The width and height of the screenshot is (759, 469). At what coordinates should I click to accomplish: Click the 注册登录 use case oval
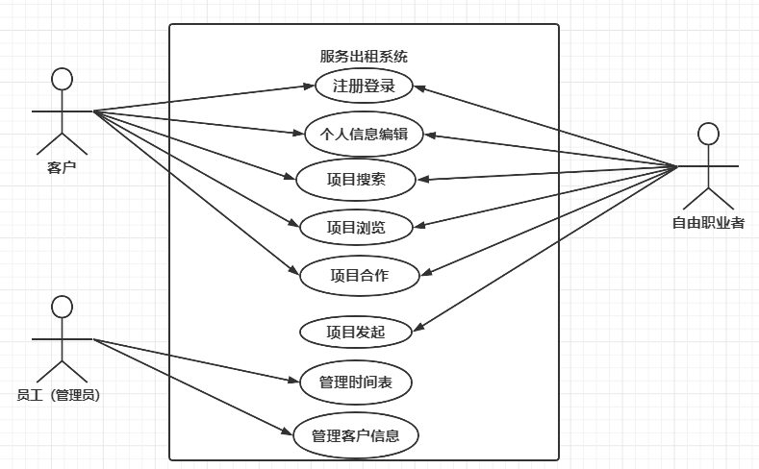coord(364,86)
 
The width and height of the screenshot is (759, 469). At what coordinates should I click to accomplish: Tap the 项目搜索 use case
coord(357,179)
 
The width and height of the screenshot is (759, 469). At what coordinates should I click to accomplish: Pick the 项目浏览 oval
coord(357,228)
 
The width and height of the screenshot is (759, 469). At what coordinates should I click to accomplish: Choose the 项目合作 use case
coord(359,275)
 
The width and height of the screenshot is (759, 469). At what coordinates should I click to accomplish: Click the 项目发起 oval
coord(357,333)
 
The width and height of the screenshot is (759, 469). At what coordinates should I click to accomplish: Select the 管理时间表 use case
coord(357,383)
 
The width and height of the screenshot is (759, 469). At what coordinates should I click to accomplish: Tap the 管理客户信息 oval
coord(357,435)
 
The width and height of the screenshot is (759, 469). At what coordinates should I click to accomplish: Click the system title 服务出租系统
coord(364,57)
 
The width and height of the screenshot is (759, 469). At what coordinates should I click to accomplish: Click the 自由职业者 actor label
coord(708,224)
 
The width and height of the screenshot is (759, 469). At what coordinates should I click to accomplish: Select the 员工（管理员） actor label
coord(59,395)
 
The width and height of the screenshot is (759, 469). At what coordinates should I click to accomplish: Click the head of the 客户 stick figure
coord(62,78)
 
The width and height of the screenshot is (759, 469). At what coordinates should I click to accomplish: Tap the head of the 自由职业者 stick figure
coord(709,133)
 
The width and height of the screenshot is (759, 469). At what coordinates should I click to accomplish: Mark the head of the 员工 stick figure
coord(62,307)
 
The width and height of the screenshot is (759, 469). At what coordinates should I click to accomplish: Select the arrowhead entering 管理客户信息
coord(291,433)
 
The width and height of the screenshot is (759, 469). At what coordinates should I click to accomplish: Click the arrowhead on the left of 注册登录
coord(310,86)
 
